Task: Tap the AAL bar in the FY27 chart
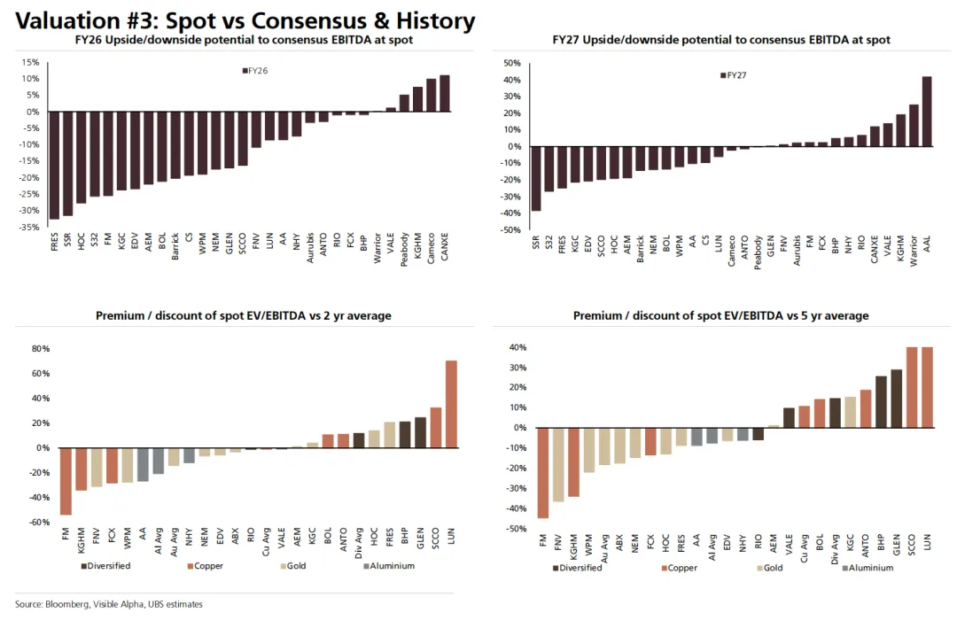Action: [x=927, y=112]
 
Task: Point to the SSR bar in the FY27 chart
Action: [x=536, y=178]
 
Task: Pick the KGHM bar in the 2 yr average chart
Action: [x=82, y=469]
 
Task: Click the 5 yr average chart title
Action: [x=720, y=315]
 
